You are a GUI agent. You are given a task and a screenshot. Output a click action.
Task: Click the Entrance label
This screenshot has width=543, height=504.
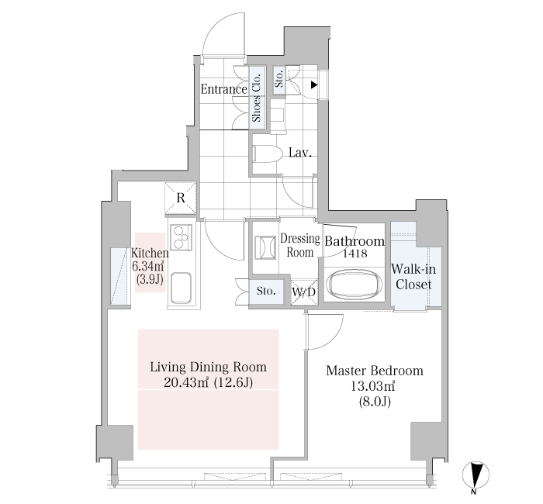(223, 89)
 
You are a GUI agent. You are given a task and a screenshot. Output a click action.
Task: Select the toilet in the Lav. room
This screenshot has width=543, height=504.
(268, 153)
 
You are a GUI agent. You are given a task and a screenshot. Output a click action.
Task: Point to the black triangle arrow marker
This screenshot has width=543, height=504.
(313, 85)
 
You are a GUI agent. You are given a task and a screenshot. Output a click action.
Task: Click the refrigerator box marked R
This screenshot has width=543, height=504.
(181, 198)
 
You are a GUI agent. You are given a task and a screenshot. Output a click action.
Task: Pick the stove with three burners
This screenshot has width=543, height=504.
(181, 237)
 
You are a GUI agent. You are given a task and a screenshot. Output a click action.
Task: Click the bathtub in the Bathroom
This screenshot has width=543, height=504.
(355, 285)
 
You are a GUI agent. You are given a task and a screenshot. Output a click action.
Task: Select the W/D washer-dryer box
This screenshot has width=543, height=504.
(304, 292)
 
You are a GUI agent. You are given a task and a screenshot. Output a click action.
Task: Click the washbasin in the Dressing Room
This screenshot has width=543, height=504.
(265, 247)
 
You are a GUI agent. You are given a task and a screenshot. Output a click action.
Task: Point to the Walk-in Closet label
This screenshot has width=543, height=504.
(413, 277)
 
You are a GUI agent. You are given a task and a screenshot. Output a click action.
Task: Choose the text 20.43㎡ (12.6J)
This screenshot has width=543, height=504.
(208, 382)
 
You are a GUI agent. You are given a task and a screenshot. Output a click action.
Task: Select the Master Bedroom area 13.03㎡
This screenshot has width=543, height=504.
(373, 385)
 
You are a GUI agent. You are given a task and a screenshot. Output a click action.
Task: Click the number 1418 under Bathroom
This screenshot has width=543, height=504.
(355, 254)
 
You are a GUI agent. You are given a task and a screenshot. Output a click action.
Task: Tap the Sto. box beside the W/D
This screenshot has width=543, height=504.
(266, 291)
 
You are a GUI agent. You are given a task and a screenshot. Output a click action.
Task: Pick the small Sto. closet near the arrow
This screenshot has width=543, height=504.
(279, 80)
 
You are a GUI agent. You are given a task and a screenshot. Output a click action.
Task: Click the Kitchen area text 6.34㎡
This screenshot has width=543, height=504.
(148, 267)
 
